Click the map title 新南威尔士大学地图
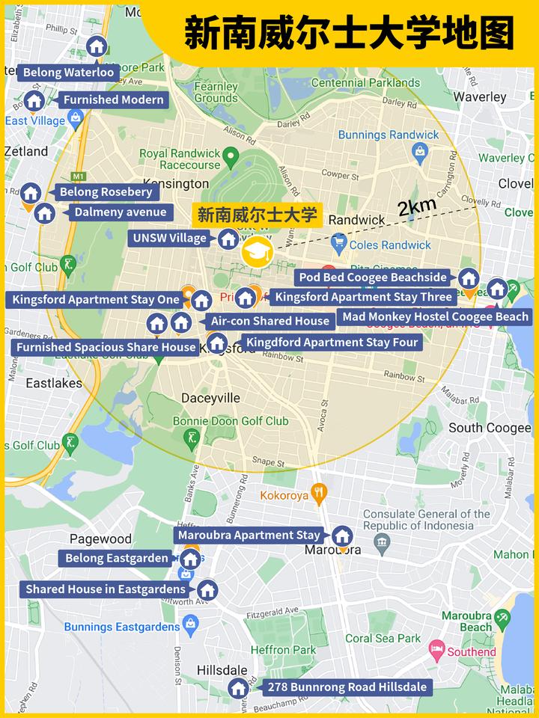click(349, 34)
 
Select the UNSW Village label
click(170, 239)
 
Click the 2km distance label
click(417, 207)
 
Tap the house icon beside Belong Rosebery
click(31, 193)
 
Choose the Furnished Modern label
click(113, 99)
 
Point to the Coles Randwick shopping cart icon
click(339, 243)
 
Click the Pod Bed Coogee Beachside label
click(372, 277)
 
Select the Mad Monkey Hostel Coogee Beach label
click(435, 316)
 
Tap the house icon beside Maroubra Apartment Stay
click(342, 536)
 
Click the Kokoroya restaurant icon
click(320, 493)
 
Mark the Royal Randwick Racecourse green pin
click(231, 157)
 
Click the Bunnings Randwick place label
click(389, 135)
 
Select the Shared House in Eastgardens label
click(106, 589)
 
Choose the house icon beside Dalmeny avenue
click(45, 213)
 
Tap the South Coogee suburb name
click(489, 428)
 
